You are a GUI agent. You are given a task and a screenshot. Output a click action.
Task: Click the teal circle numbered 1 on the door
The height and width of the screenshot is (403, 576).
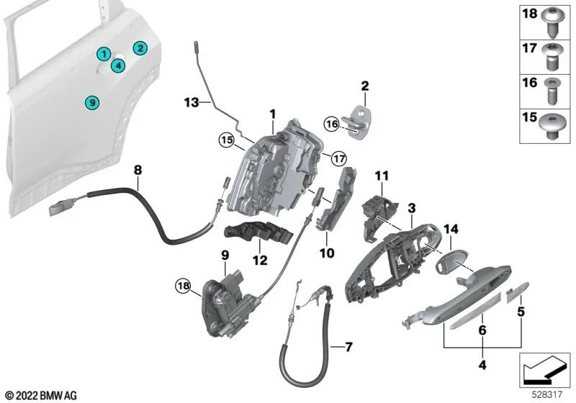click(104, 53)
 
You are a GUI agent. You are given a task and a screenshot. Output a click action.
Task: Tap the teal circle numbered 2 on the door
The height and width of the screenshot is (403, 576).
click(141, 48)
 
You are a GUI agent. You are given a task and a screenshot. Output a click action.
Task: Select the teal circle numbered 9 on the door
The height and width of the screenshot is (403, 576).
click(91, 103)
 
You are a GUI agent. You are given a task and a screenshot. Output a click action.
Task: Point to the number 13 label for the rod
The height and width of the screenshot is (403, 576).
click(190, 104)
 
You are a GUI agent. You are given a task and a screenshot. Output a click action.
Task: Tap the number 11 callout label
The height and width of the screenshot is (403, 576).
click(381, 175)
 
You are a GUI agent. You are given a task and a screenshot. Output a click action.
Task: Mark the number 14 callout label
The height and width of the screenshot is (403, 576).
click(451, 229)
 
